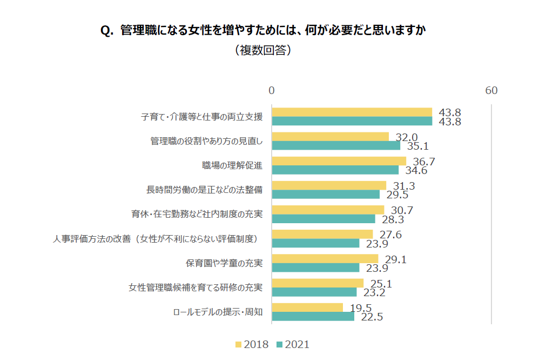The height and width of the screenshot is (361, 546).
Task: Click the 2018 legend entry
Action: pos(252,344)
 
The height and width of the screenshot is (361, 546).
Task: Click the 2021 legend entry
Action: pos(293,344)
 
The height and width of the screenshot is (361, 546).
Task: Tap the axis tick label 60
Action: pos(491,91)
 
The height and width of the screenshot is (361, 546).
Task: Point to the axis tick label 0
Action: pos(272,91)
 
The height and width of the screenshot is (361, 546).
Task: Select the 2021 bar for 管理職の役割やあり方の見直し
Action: pos(336,145)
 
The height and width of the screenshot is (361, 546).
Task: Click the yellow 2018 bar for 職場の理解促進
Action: pos(339,161)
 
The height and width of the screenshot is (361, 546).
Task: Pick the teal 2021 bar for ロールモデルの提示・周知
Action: pos(313,316)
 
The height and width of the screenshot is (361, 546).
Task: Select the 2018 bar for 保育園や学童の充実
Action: pos(325,259)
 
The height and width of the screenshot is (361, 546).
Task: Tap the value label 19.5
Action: pos(361,308)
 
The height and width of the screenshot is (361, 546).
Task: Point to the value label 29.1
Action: pos(395,259)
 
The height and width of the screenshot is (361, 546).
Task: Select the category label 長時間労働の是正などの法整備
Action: pos(205,190)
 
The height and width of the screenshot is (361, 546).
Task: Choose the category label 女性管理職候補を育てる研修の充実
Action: pos(196,287)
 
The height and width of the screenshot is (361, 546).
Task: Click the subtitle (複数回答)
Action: pos(264,50)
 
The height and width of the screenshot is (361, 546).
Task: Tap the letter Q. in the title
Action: pos(107,31)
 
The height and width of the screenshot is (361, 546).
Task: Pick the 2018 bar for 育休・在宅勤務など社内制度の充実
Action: pos(328,210)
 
